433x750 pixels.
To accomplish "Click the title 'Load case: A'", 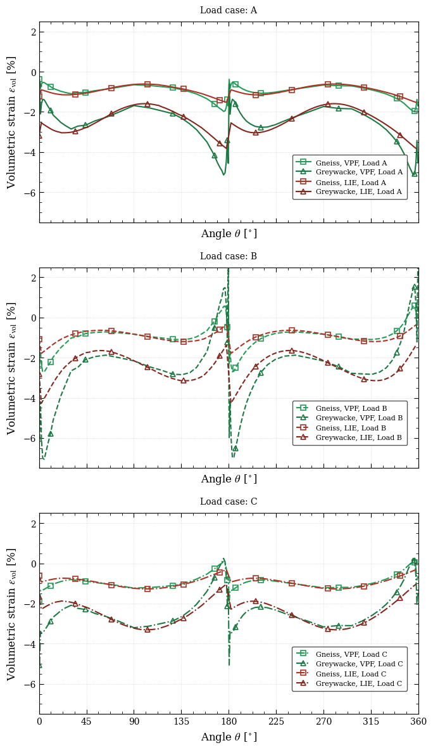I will point(229,11).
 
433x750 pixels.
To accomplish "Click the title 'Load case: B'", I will point(229,257).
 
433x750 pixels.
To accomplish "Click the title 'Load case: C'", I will point(229,502).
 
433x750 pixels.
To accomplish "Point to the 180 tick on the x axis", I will point(229,721).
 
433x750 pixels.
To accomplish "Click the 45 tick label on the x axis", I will point(87,721).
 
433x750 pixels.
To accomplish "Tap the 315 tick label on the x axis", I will point(371,721).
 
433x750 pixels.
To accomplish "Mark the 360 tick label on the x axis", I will point(418,721).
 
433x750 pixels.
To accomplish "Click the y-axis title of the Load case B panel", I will point(11,368).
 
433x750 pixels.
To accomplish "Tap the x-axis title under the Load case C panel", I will point(229,737).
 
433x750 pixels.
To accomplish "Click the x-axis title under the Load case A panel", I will point(229,234).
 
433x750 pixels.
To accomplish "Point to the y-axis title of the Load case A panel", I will point(11,122).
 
